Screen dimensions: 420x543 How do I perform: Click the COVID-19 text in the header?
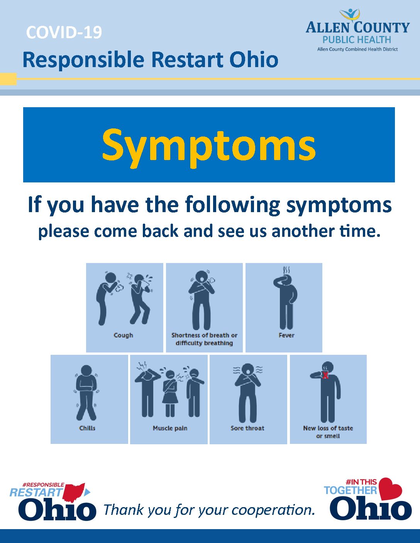[x=64, y=32]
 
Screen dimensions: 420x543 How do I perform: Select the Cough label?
[x=123, y=336]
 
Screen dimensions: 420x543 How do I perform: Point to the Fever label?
[x=286, y=335]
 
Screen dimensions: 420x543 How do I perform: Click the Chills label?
[x=87, y=428]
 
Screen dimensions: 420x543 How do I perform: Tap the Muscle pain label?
[x=170, y=428]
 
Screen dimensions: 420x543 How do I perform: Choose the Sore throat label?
[x=247, y=428]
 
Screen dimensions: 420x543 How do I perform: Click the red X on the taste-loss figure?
[x=325, y=375]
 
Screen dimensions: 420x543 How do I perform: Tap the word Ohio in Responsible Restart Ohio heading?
[x=254, y=60]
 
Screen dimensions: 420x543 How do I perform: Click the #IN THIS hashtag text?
[x=361, y=482]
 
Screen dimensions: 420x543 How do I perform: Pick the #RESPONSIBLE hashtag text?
[x=43, y=485]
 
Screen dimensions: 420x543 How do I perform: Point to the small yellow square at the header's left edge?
[x=8, y=79]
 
